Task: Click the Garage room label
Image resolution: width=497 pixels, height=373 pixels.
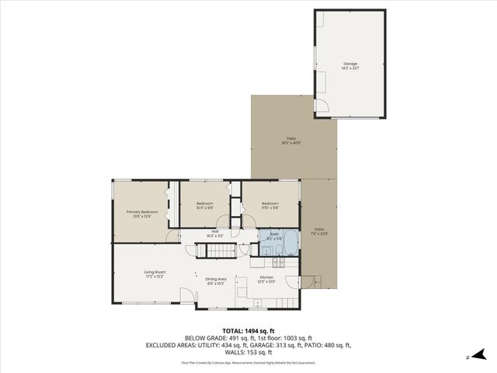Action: coord(350,66)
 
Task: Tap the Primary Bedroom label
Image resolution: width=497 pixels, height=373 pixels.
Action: coord(142,214)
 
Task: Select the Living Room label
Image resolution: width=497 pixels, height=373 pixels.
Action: coord(153,274)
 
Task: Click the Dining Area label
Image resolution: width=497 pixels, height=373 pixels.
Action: coord(215,281)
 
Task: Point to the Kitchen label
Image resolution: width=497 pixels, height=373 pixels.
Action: coord(266,279)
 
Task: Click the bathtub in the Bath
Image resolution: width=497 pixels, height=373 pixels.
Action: coord(290,243)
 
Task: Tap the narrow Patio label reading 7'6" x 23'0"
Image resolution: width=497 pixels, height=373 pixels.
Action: coord(319,231)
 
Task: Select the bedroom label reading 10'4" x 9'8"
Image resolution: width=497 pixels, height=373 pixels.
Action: coord(204,206)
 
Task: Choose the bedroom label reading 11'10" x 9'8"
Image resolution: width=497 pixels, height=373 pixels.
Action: coord(270,206)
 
